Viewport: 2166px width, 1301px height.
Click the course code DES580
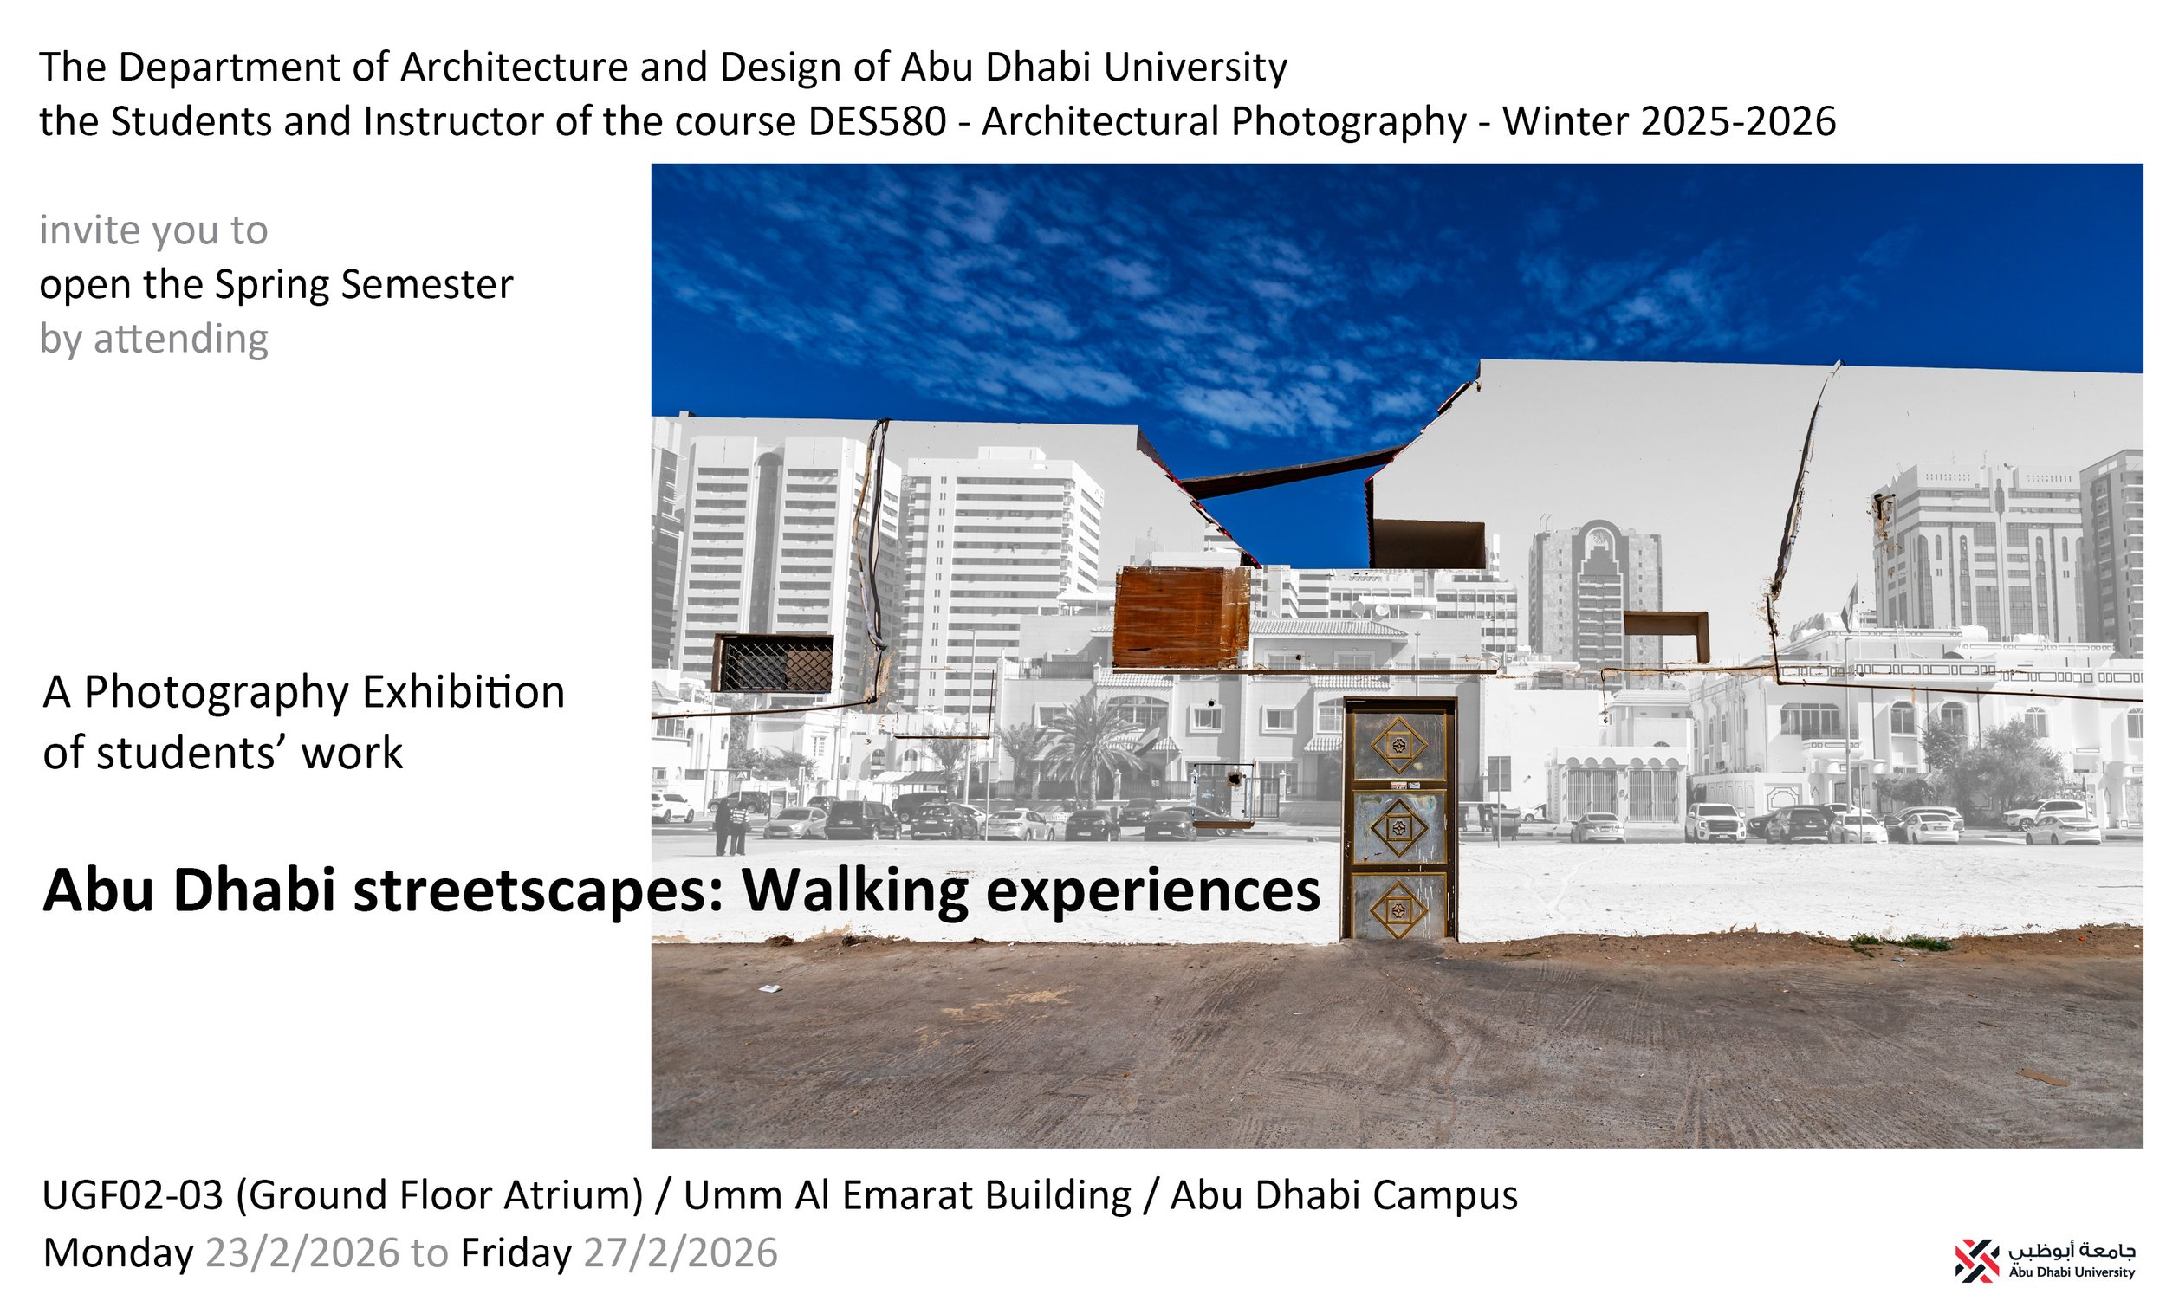coord(876,122)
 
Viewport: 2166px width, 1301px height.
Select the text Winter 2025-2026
coord(1668,122)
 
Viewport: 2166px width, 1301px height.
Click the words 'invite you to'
coord(153,230)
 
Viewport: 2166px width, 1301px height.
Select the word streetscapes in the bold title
coord(538,891)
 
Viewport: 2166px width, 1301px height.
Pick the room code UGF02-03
coord(133,1196)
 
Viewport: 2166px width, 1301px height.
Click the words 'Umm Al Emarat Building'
coord(907,1196)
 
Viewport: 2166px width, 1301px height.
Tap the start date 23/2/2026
coord(302,1253)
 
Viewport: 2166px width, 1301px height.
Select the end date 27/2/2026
coord(679,1253)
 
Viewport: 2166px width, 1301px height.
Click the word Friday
coord(516,1253)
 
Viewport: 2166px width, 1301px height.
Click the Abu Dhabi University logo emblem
coord(1976,1260)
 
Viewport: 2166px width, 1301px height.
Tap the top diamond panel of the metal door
coord(1398,745)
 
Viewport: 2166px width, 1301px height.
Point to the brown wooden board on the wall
coord(1179,618)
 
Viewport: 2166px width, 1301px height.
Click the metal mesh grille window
coord(773,663)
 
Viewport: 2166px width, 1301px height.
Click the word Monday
coord(118,1253)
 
